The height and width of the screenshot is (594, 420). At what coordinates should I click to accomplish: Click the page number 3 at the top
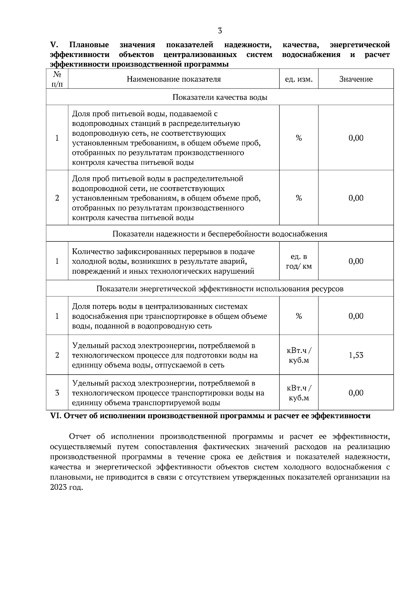tap(220, 31)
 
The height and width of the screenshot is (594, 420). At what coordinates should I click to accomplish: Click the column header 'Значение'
tap(356, 79)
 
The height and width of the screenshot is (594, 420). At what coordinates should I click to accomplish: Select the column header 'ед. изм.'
tap(299, 79)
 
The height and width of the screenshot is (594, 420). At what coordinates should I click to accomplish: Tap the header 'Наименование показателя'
tap(174, 79)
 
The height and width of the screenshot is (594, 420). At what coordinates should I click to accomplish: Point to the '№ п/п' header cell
tap(57, 79)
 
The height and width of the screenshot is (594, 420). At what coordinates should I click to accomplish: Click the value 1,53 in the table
tap(356, 355)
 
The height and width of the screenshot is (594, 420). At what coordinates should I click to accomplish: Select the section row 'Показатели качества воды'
tap(220, 97)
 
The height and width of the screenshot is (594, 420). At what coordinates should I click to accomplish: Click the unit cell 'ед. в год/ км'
tap(299, 261)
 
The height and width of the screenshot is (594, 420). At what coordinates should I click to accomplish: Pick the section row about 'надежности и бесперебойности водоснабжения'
tap(220, 234)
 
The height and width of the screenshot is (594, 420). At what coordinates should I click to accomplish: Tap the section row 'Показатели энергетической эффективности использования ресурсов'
tap(220, 289)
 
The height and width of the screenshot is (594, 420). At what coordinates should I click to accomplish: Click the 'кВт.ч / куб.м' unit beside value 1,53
tap(299, 355)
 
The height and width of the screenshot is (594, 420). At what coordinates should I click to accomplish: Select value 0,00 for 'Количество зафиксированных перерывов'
tap(356, 261)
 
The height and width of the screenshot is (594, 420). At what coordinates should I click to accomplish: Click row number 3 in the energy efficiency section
tap(57, 393)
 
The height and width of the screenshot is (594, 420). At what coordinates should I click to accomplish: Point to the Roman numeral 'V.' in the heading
tap(54, 45)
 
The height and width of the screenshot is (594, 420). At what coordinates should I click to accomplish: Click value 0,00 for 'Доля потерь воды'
tap(356, 316)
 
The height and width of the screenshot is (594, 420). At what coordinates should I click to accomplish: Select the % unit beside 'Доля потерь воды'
tap(299, 316)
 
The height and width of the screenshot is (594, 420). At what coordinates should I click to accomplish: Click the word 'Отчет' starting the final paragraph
tap(80, 437)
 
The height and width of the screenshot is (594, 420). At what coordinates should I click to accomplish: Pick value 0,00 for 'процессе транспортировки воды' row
tap(356, 393)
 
